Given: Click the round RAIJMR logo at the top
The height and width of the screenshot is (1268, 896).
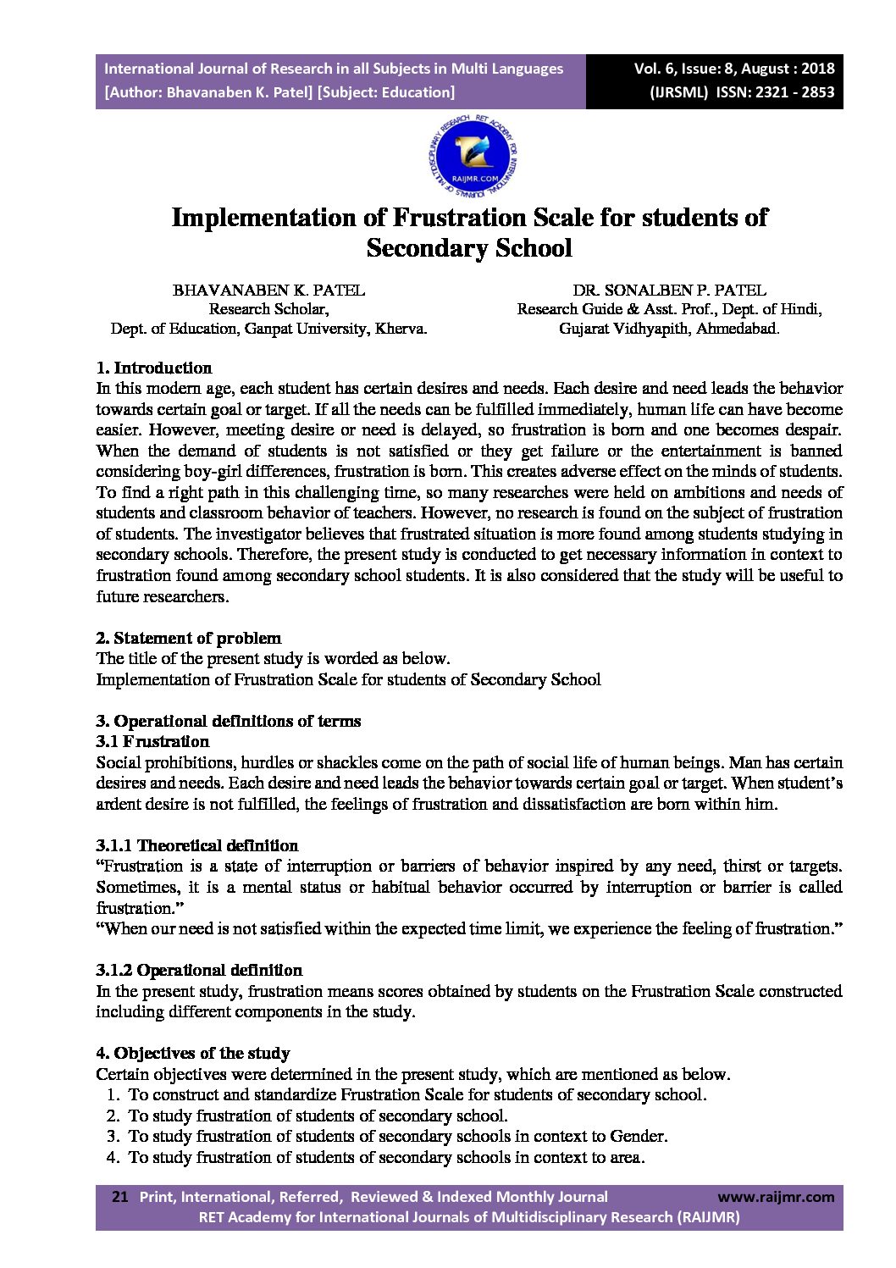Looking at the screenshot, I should tap(473, 158).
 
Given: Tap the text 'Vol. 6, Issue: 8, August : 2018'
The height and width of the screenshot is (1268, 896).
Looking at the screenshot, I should tap(734, 69).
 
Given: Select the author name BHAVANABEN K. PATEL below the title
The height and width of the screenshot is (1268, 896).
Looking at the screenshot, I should tap(268, 291).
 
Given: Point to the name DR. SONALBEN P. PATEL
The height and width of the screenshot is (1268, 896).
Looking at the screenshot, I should tap(669, 291).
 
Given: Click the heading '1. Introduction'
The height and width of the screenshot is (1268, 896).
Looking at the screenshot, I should tap(154, 368).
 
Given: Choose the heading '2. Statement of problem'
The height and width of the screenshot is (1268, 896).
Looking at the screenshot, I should tap(188, 638).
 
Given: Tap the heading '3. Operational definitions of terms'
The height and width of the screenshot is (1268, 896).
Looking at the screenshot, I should tap(229, 721).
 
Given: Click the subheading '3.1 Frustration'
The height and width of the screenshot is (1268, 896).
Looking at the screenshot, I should tap(152, 741).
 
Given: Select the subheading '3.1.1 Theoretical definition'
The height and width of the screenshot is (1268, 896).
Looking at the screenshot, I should tap(196, 845).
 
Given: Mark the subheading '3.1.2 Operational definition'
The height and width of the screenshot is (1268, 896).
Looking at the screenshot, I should tap(199, 970).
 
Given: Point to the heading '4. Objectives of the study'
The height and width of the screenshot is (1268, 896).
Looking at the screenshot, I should tap(193, 1053).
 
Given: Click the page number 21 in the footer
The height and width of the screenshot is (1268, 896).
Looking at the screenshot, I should tap(120, 1197).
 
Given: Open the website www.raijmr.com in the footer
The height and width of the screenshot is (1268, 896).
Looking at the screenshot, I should tap(776, 1197).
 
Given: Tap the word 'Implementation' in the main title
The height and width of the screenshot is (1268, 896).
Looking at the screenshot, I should tap(265, 218).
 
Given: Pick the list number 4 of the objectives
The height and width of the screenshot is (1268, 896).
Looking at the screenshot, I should tap(112, 1157).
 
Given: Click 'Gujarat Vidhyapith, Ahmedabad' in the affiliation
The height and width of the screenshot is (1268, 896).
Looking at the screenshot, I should tap(668, 329).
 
